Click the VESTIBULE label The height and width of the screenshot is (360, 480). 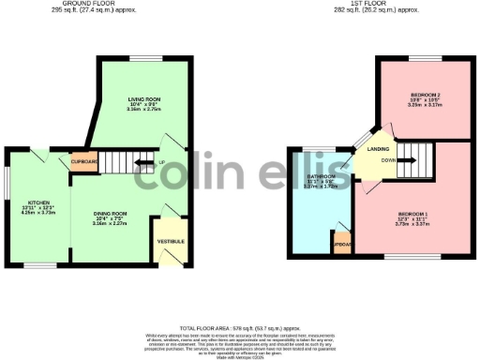[x=170, y=242]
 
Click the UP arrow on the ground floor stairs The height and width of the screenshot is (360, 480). [x=145, y=162]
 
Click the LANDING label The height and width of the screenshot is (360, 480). [x=379, y=149]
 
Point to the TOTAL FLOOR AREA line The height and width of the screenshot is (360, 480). [x=240, y=319]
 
